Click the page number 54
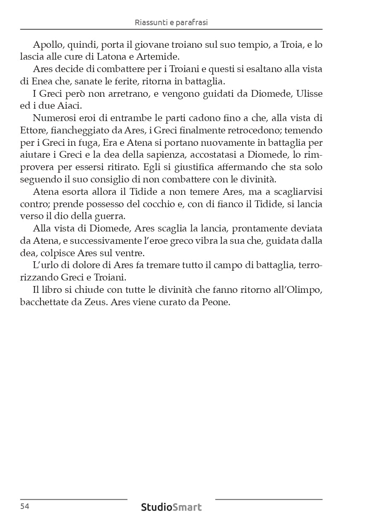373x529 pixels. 24,506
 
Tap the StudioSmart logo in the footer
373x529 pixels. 171,507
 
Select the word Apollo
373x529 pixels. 46,45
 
